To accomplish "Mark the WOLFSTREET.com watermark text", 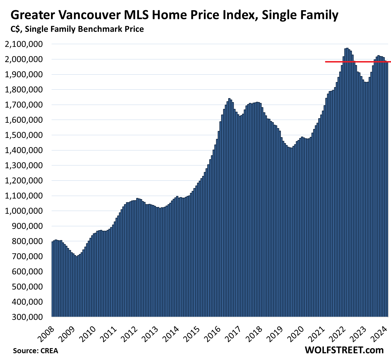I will (344, 350).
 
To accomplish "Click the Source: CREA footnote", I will (35, 351).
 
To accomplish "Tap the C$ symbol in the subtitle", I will (16, 29).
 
